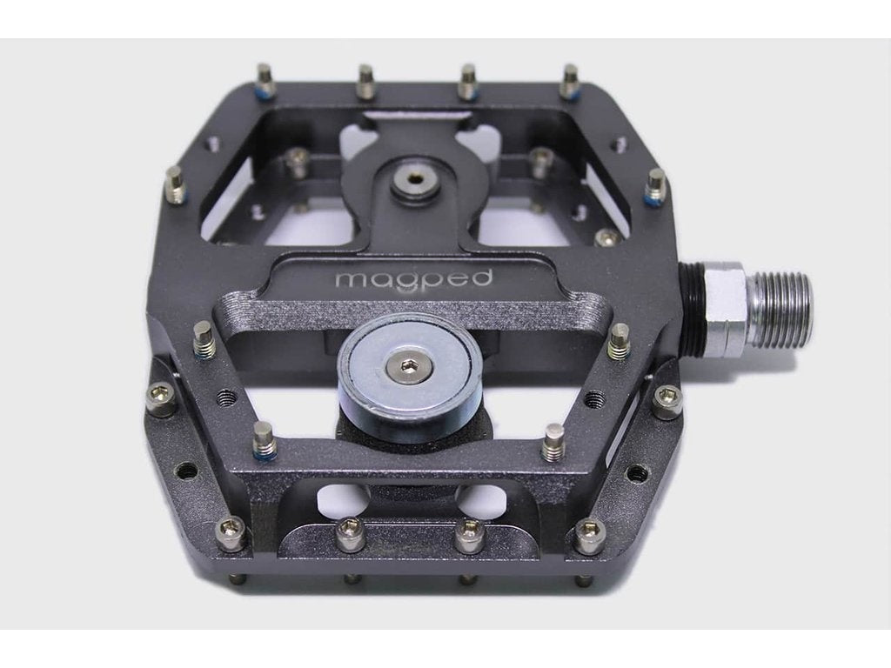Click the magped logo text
[413, 278]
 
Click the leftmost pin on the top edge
[265, 79]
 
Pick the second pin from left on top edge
[365, 81]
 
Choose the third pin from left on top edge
[467, 81]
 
